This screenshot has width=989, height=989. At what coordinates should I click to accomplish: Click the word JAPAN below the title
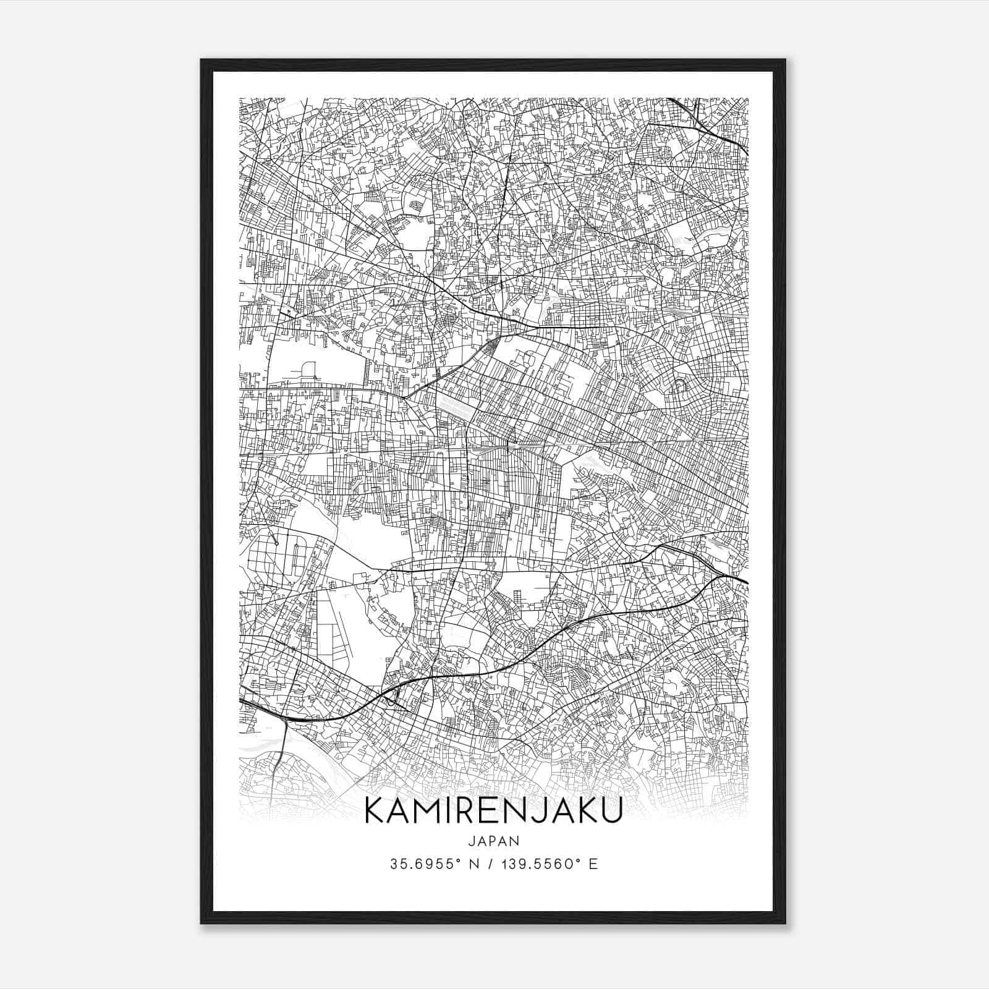[x=493, y=841]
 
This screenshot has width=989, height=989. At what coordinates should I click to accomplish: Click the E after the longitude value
[x=593, y=864]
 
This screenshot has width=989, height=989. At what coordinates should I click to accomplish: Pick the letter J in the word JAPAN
[x=471, y=841]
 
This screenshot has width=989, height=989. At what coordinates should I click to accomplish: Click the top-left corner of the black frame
[x=202, y=60]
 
